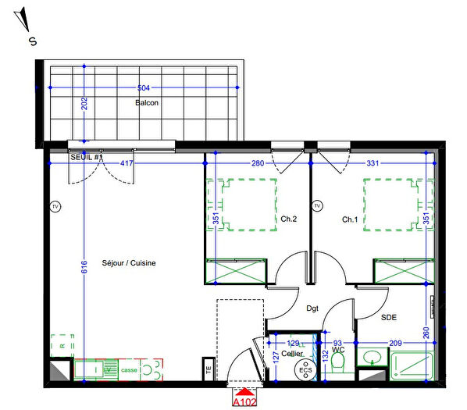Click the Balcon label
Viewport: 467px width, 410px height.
148,103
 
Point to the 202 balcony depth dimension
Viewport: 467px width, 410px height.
85,103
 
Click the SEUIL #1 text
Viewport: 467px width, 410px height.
87,158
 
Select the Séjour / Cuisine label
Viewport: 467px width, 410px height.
129,263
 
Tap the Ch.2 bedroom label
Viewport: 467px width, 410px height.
288,219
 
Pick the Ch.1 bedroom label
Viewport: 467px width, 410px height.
350,219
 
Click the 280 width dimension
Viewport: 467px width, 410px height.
257,163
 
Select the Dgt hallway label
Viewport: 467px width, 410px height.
312,308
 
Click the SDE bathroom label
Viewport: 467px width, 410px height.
388,318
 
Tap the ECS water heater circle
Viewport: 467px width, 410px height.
305,371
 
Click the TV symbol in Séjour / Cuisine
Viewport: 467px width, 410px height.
55,207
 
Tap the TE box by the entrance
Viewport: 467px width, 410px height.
208,370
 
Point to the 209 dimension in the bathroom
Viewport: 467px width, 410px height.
395,344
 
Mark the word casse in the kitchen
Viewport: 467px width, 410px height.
129,369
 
